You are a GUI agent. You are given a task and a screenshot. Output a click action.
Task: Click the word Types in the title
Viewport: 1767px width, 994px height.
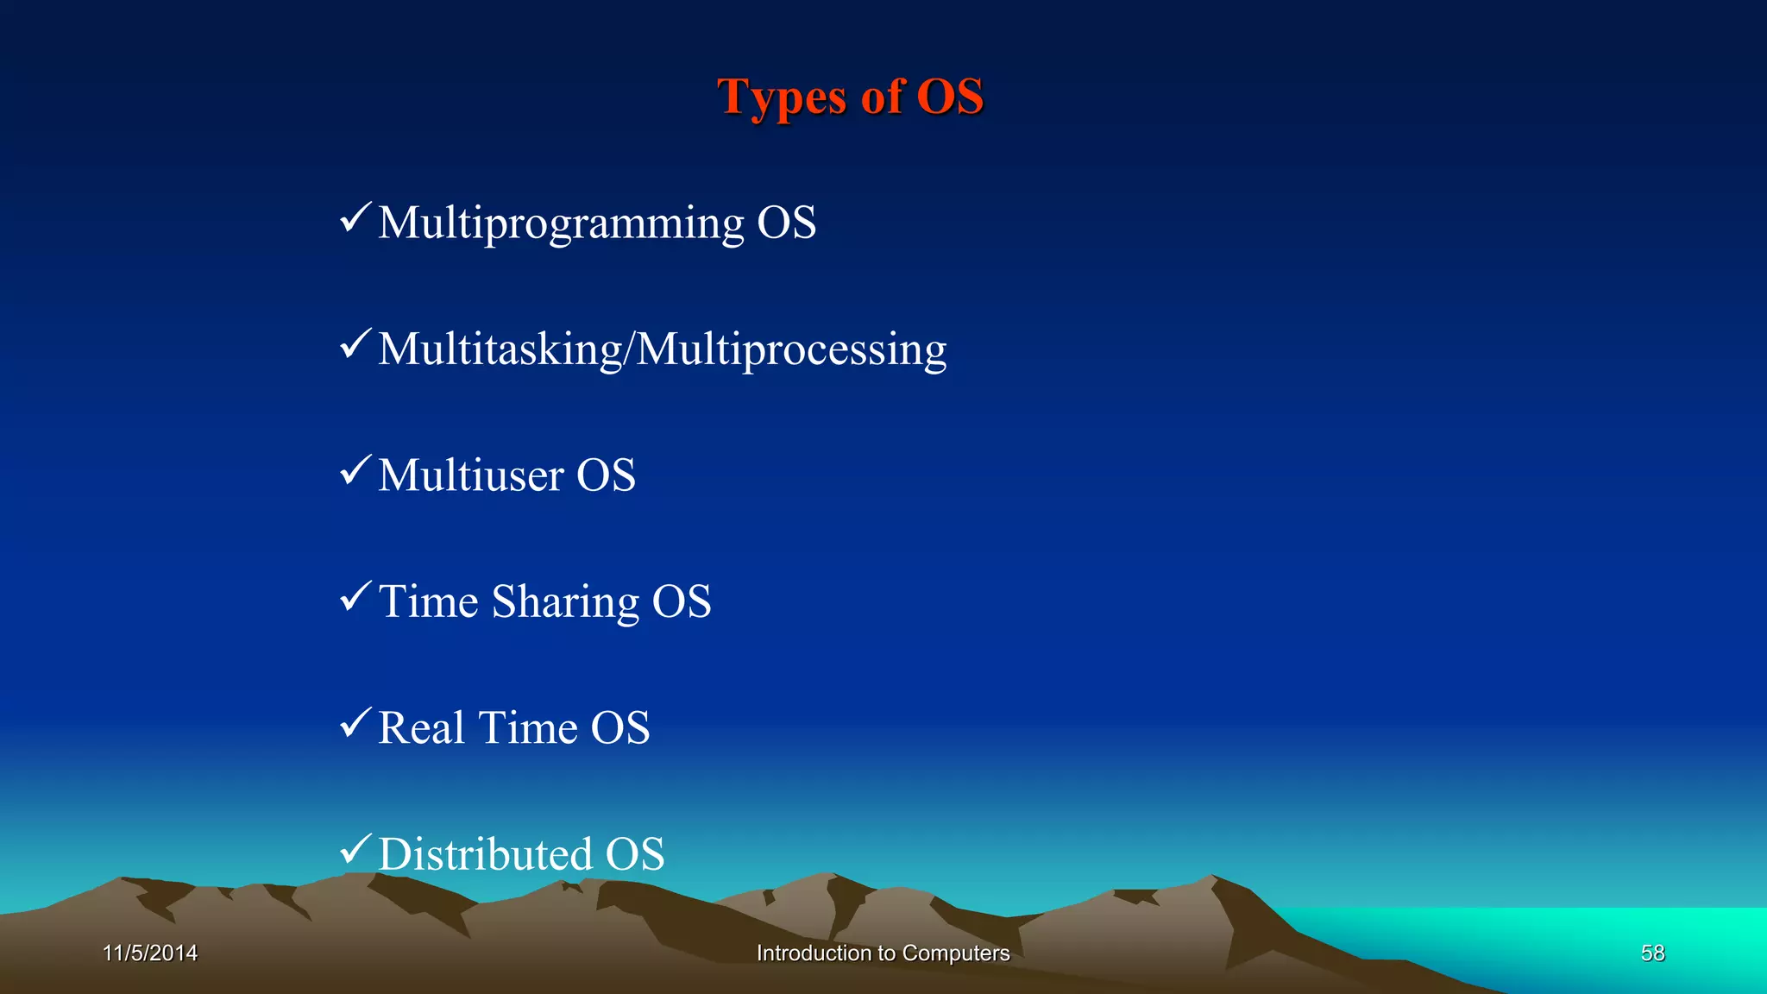point(782,97)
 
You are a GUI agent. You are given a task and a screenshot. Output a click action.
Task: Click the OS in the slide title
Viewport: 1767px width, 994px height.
point(949,96)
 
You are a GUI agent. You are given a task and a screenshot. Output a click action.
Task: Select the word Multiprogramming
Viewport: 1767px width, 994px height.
point(561,223)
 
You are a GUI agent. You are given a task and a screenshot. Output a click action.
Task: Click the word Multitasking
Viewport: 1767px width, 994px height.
point(500,349)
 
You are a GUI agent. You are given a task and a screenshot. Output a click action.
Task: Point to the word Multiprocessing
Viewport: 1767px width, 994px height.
point(791,349)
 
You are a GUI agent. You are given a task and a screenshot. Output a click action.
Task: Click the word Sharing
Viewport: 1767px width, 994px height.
point(565,602)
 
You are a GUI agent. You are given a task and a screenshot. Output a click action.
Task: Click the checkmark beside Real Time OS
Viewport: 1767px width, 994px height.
point(355,722)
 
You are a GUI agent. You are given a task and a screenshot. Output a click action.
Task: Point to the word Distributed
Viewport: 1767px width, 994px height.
point(485,854)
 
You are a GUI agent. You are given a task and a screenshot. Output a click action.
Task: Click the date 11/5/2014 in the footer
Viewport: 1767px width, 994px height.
point(150,953)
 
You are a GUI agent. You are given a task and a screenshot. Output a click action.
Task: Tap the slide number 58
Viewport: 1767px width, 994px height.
point(1652,953)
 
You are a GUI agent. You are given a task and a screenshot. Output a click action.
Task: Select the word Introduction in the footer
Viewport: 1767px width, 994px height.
point(814,953)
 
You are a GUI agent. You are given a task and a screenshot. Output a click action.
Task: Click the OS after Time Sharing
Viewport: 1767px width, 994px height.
point(681,601)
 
